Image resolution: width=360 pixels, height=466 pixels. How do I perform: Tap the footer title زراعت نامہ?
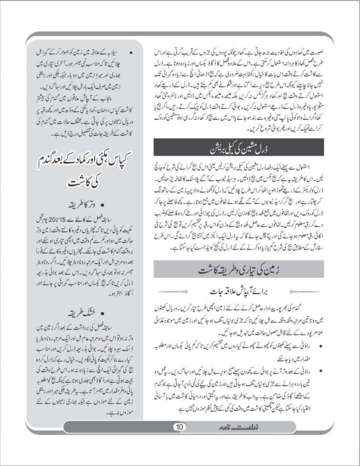click(224, 426)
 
